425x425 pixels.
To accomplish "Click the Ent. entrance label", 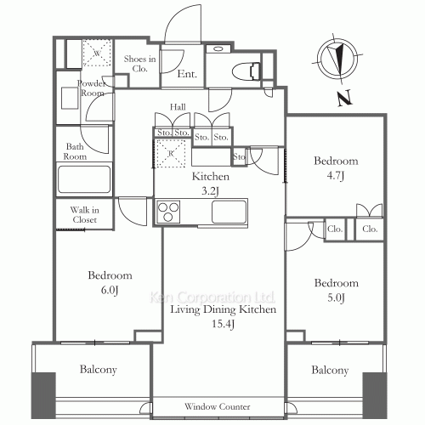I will pyautogui.click(x=188, y=75).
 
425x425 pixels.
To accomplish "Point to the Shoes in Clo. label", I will pyautogui.click(x=139, y=63).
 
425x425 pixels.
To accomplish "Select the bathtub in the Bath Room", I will pyautogui.click(x=83, y=180).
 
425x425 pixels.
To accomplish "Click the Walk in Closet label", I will pyautogui.click(x=84, y=215).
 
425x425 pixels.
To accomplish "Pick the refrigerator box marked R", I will pyautogui.click(x=171, y=153).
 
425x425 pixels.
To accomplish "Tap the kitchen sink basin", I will pyautogui.click(x=228, y=211).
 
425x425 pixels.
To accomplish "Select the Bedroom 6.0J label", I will pyautogui.click(x=110, y=282).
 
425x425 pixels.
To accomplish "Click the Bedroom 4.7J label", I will pyautogui.click(x=335, y=167).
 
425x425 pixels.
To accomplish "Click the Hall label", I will pyautogui.click(x=178, y=107).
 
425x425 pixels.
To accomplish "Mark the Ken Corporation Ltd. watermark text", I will pyautogui.click(x=212, y=298).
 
